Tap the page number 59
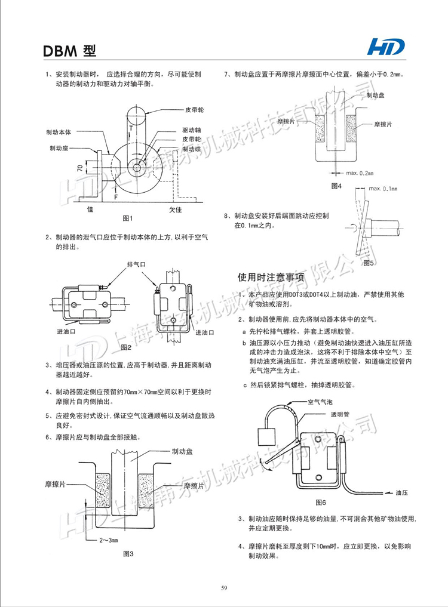[224, 588]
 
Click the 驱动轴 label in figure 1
[191, 130]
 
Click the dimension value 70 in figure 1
[79, 169]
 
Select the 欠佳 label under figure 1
[175, 209]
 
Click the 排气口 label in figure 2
[136, 263]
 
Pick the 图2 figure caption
[125, 346]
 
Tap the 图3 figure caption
[128, 553]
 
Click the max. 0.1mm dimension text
[382, 189]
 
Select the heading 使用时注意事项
[271, 277]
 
